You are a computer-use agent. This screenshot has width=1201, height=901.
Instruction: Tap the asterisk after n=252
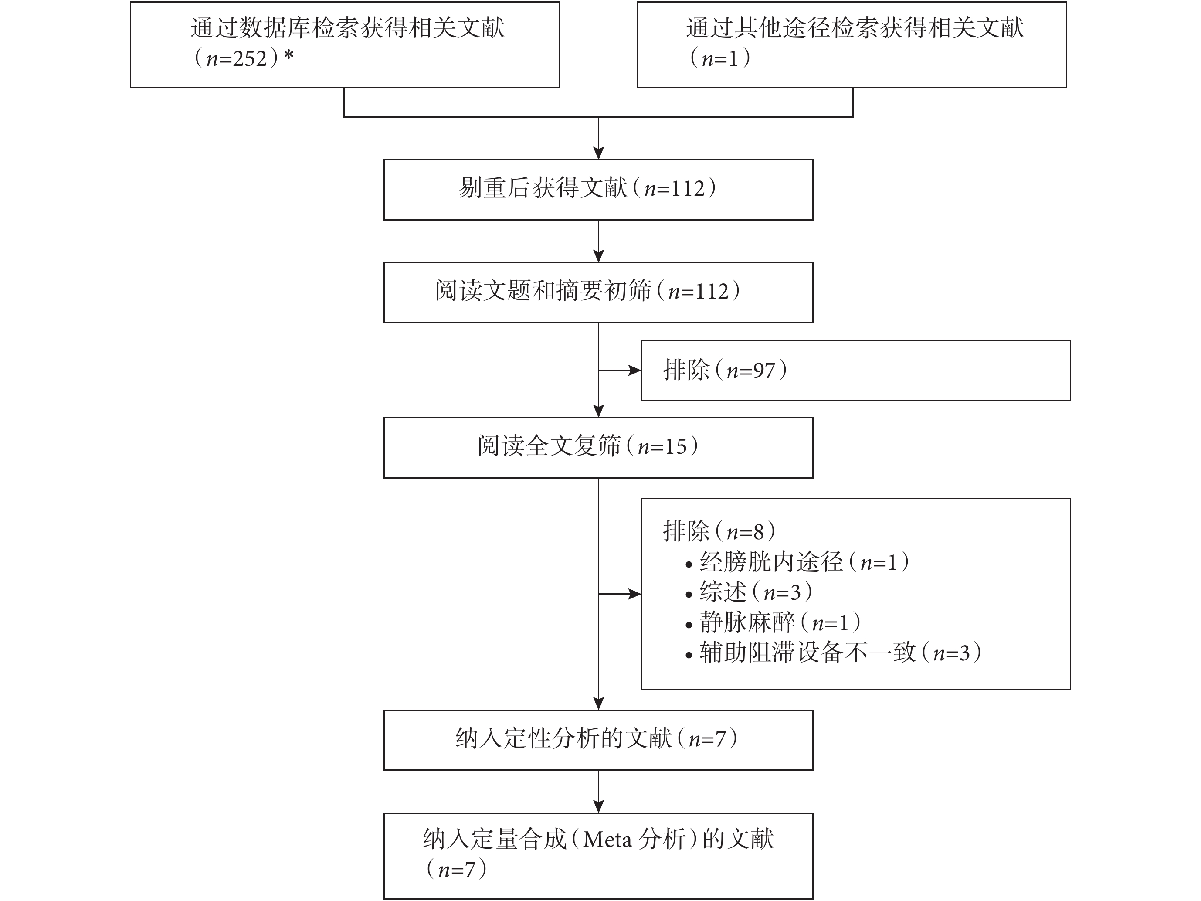click(x=288, y=55)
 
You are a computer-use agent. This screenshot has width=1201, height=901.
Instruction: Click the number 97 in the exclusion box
click(x=764, y=371)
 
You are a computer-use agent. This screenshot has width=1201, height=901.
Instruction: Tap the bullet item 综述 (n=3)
click(x=749, y=592)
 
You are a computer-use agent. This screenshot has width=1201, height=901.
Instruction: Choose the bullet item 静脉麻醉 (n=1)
click(x=773, y=622)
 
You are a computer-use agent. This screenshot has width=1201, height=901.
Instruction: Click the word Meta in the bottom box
click(x=607, y=840)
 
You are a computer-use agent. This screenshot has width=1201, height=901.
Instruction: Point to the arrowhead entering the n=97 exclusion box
click(x=634, y=371)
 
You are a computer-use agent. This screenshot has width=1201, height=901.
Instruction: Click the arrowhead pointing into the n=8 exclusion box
click(x=634, y=594)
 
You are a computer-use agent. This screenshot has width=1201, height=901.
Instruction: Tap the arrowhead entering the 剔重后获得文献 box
click(x=598, y=153)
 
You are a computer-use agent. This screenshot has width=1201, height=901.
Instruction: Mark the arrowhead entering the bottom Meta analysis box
click(x=598, y=806)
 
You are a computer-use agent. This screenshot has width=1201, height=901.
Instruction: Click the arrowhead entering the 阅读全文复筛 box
click(x=598, y=411)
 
